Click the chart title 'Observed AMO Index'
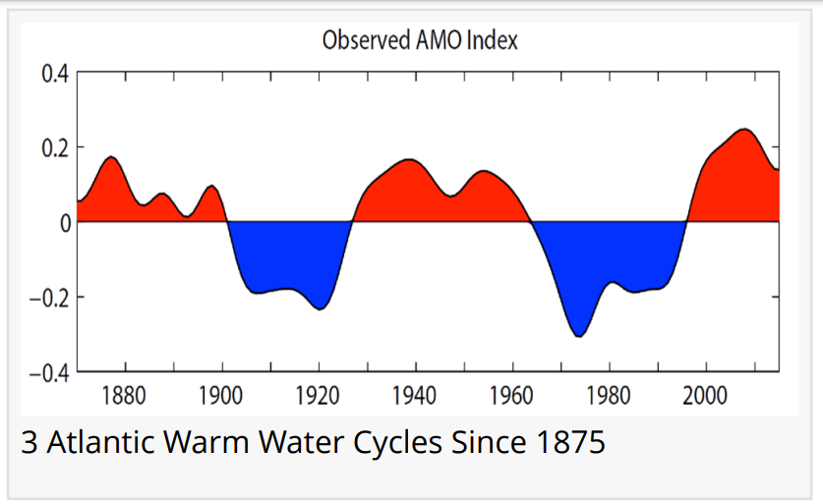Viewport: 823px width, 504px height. point(420,40)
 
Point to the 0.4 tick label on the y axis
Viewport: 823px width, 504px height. point(54,74)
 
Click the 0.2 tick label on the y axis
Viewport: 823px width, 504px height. point(54,148)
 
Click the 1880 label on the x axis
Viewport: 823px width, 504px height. point(125,397)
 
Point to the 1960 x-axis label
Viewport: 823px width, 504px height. point(510,397)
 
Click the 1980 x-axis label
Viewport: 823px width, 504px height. point(607,397)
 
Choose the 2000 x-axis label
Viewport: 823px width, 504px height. point(703,397)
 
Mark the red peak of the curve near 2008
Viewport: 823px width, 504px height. point(744,130)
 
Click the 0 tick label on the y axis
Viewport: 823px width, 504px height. point(64,223)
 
